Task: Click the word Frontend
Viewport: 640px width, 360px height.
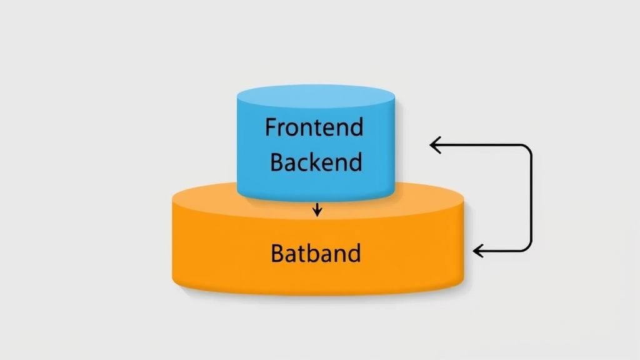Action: click(314, 128)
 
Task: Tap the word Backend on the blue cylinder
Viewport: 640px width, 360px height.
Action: click(316, 162)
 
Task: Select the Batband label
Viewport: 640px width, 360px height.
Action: click(316, 254)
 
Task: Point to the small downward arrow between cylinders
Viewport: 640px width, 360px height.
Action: click(317, 209)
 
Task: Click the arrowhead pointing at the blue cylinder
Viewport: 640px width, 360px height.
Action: click(434, 145)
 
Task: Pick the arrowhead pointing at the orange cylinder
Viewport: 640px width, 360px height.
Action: click(477, 251)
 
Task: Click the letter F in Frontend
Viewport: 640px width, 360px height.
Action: click(270, 128)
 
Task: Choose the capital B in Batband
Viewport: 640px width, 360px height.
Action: click(278, 254)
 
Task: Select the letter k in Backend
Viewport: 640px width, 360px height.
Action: click(316, 162)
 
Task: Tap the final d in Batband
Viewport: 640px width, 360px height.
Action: click(354, 254)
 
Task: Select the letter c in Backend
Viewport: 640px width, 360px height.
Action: click(303, 164)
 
